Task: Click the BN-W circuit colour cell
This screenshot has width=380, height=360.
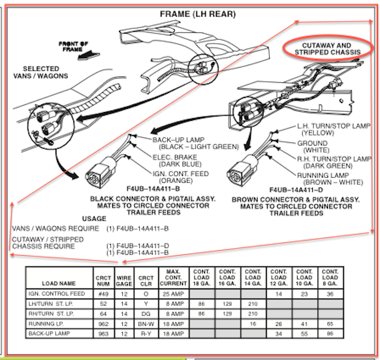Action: [x=146, y=323]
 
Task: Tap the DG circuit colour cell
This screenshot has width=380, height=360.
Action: [x=146, y=313]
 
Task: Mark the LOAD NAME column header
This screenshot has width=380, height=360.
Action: [x=59, y=283]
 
